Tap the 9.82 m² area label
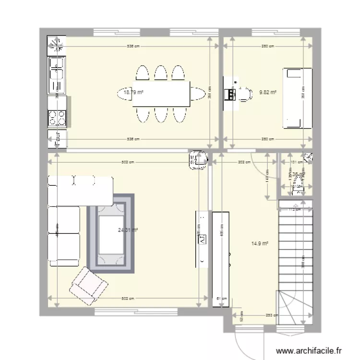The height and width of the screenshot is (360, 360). [267, 92]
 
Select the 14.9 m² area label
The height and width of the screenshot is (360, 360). [260, 243]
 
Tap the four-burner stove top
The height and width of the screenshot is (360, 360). [57, 118]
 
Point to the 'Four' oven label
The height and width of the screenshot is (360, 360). [57, 137]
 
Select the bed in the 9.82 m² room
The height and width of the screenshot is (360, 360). [297, 98]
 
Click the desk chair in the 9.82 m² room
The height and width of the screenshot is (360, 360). [246, 94]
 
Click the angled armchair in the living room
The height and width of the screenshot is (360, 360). [88, 287]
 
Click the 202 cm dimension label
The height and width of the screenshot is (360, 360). [245, 162]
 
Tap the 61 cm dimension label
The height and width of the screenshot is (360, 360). [221, 298]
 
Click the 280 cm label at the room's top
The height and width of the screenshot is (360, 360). [267, 47]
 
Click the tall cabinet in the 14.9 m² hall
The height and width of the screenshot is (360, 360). [222, 258]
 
